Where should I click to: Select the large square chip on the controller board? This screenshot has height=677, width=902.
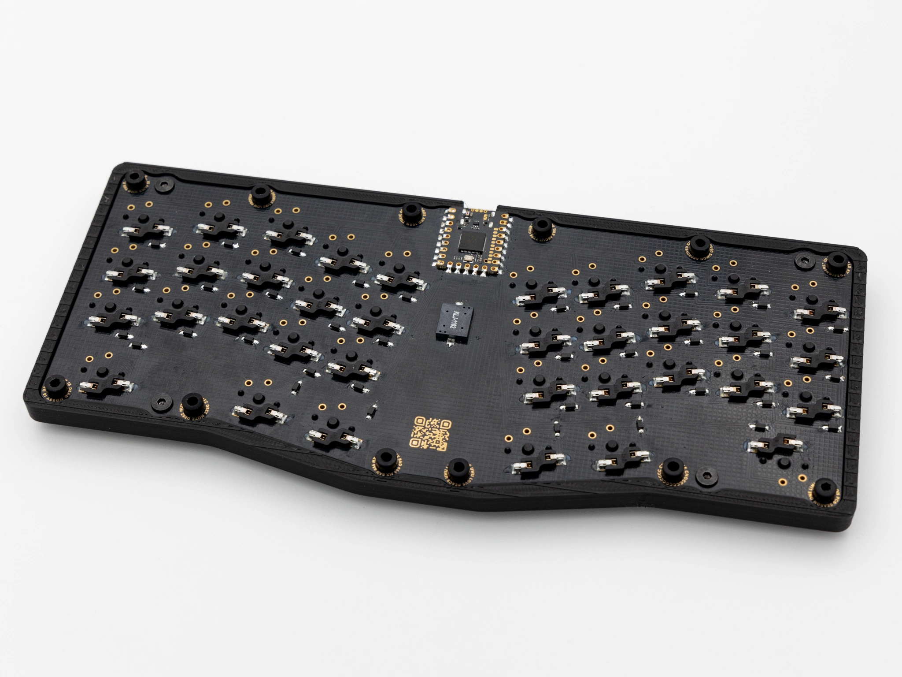tap(470, 242)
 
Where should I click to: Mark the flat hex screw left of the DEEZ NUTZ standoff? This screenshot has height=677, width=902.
tap(159, 399)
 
